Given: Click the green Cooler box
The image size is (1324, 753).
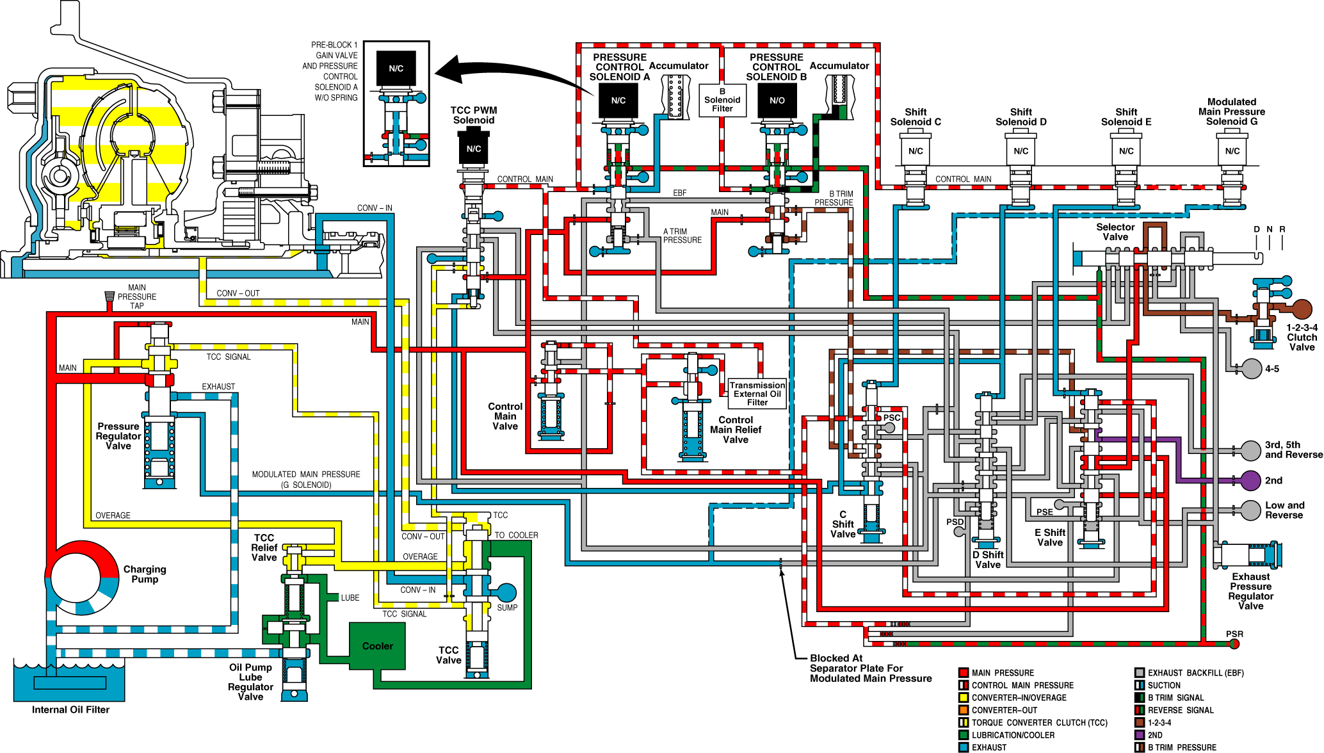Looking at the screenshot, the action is coord(378,646).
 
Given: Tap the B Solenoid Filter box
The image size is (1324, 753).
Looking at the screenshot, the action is coord(722,101).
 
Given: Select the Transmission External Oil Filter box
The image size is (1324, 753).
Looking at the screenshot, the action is coord(757,394).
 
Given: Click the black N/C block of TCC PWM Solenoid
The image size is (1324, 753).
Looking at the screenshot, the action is coord(474,148).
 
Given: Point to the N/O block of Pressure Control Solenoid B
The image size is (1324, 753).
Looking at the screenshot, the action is coord(777,101).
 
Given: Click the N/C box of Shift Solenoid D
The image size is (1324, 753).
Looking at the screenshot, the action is coord(1021,151).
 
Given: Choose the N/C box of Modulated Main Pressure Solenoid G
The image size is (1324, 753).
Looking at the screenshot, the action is coord(1232,151).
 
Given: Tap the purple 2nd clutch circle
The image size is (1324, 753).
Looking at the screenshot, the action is coord(1250,480).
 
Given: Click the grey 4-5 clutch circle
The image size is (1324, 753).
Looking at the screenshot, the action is coord(1252,369).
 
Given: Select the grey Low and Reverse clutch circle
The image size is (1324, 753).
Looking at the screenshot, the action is coord(1250,510).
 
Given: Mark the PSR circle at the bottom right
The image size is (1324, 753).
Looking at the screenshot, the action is coord(1234,644).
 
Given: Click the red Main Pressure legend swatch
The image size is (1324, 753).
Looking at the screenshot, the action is coord(963,672).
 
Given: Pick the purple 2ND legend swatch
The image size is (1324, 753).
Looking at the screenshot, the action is coord(1139,735).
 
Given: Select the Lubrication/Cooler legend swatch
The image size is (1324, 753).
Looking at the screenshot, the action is coord(963,735).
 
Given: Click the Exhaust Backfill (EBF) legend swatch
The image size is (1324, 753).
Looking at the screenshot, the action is coord(1139,672).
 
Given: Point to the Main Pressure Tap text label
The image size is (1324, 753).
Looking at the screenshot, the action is coord(136,296).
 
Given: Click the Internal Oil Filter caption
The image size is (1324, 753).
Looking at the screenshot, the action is coord(70,709).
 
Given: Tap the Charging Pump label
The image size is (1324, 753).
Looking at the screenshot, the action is coord(145,574).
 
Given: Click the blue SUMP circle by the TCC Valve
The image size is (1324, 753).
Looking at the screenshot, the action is coord(506,593).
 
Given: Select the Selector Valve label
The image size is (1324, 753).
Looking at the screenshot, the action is coord(1115,232).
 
